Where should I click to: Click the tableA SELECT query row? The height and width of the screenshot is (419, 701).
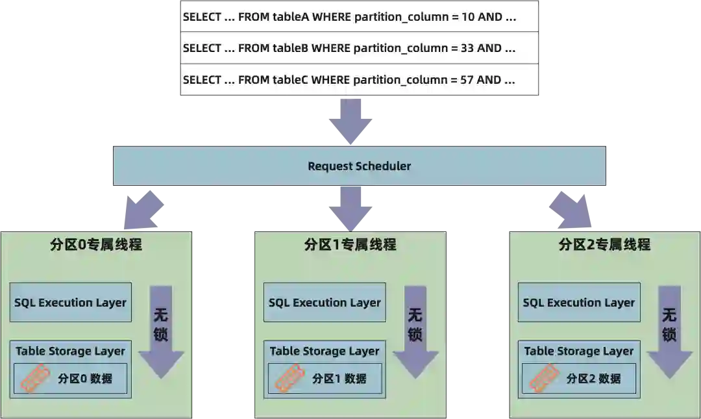point(358,18)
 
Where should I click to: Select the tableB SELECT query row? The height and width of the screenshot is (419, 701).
point(358,48)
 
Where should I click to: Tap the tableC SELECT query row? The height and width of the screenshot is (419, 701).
point(358,80)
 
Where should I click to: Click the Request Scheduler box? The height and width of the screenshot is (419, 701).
point(359,166)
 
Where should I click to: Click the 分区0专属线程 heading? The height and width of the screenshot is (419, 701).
point(95,245)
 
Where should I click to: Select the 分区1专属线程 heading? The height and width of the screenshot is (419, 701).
point(350,245)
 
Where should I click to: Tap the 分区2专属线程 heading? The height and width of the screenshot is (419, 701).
point(604,245)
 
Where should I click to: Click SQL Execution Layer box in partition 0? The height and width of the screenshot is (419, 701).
point(70,302)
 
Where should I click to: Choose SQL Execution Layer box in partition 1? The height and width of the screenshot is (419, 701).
point(325,302)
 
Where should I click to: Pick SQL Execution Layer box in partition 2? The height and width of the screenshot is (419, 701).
point(579,302)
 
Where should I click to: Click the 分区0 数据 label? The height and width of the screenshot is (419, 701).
point(85,379)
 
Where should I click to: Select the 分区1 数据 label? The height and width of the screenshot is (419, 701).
point(339,379)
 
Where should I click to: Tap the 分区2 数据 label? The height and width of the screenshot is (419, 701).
point(593,379)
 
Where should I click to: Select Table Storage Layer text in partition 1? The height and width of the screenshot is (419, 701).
point(325,351)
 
